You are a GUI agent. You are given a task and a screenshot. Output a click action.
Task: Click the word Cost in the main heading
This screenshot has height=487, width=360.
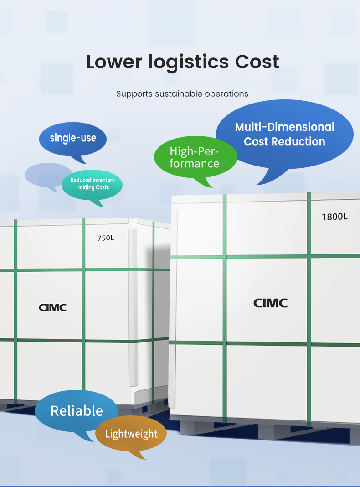click(x=257, y=62)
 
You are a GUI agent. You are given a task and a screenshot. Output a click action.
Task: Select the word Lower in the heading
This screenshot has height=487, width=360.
click(x=114, y=62)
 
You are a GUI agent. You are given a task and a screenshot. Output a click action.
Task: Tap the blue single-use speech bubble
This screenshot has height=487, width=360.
click(x=73, y=138)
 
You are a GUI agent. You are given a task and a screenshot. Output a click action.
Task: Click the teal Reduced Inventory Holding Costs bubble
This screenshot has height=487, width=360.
click(x=93, y=184)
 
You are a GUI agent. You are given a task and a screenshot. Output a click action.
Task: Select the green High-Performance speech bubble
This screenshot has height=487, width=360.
click(x=195, y=158)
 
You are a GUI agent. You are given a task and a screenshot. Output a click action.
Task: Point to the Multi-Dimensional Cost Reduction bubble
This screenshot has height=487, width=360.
click(x=285, y=134)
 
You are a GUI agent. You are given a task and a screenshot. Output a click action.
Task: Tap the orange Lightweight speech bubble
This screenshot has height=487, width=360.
click(x=131, y=434)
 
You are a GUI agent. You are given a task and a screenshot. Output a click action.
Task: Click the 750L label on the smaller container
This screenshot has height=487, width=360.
click(x=106, y=238)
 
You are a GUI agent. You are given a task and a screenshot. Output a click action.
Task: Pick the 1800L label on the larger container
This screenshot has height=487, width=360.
click(x=334, y=217)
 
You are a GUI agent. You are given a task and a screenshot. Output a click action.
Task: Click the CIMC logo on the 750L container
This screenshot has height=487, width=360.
click(x=52, y=307)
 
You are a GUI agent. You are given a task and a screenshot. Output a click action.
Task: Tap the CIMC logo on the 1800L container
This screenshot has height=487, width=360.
click(x=271, y=303)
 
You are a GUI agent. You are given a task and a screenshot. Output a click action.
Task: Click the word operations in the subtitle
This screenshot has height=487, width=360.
click(x=226, y=94)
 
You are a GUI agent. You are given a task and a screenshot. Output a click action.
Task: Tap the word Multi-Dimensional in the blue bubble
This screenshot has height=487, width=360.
click(x=285, y=127)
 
